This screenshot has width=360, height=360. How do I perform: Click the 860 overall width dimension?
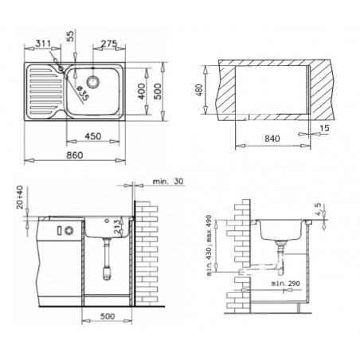pos(75,155)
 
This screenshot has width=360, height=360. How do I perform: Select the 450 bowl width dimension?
pos(93,136)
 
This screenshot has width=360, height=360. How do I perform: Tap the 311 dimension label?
pos(43,43)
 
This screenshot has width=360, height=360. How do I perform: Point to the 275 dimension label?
pos(109,43)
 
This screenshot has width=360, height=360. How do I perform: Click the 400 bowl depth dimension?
pos(142,92)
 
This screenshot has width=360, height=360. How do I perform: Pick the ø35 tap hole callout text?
pos(83,93)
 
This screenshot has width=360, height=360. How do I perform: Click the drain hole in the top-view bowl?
pos(93,81)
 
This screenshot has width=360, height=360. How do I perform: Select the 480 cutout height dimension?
pos(200,90)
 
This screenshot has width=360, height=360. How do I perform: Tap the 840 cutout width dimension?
pos(272,139)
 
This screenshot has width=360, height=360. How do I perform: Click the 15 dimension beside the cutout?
pos(324,128)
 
